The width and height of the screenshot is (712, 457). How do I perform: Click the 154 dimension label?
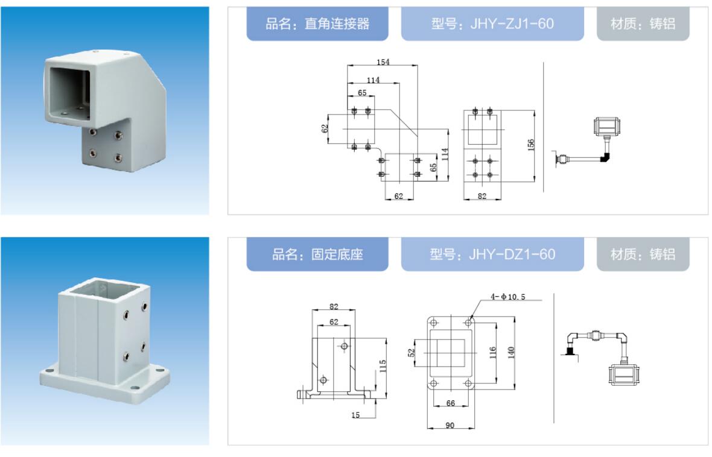(383, 61)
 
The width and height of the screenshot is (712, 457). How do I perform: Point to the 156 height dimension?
(531, 145)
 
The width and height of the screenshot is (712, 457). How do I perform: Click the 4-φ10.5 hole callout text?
(507, 297)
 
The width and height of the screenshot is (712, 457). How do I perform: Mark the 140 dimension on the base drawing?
(511, 351)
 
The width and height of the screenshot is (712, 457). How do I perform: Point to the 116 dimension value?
(493, 353)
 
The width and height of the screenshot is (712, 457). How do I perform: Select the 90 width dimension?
(450, 425)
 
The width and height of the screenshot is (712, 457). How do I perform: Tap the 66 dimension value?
(451, 403)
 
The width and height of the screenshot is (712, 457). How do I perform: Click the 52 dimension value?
(412, 353)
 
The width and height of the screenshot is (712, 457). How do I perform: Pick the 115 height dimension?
(383, 366)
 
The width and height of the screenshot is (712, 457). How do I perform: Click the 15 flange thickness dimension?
(355, 415)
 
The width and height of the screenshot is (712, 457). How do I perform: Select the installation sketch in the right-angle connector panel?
(586, 142)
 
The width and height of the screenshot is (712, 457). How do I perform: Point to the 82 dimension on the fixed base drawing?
(334, 306)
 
